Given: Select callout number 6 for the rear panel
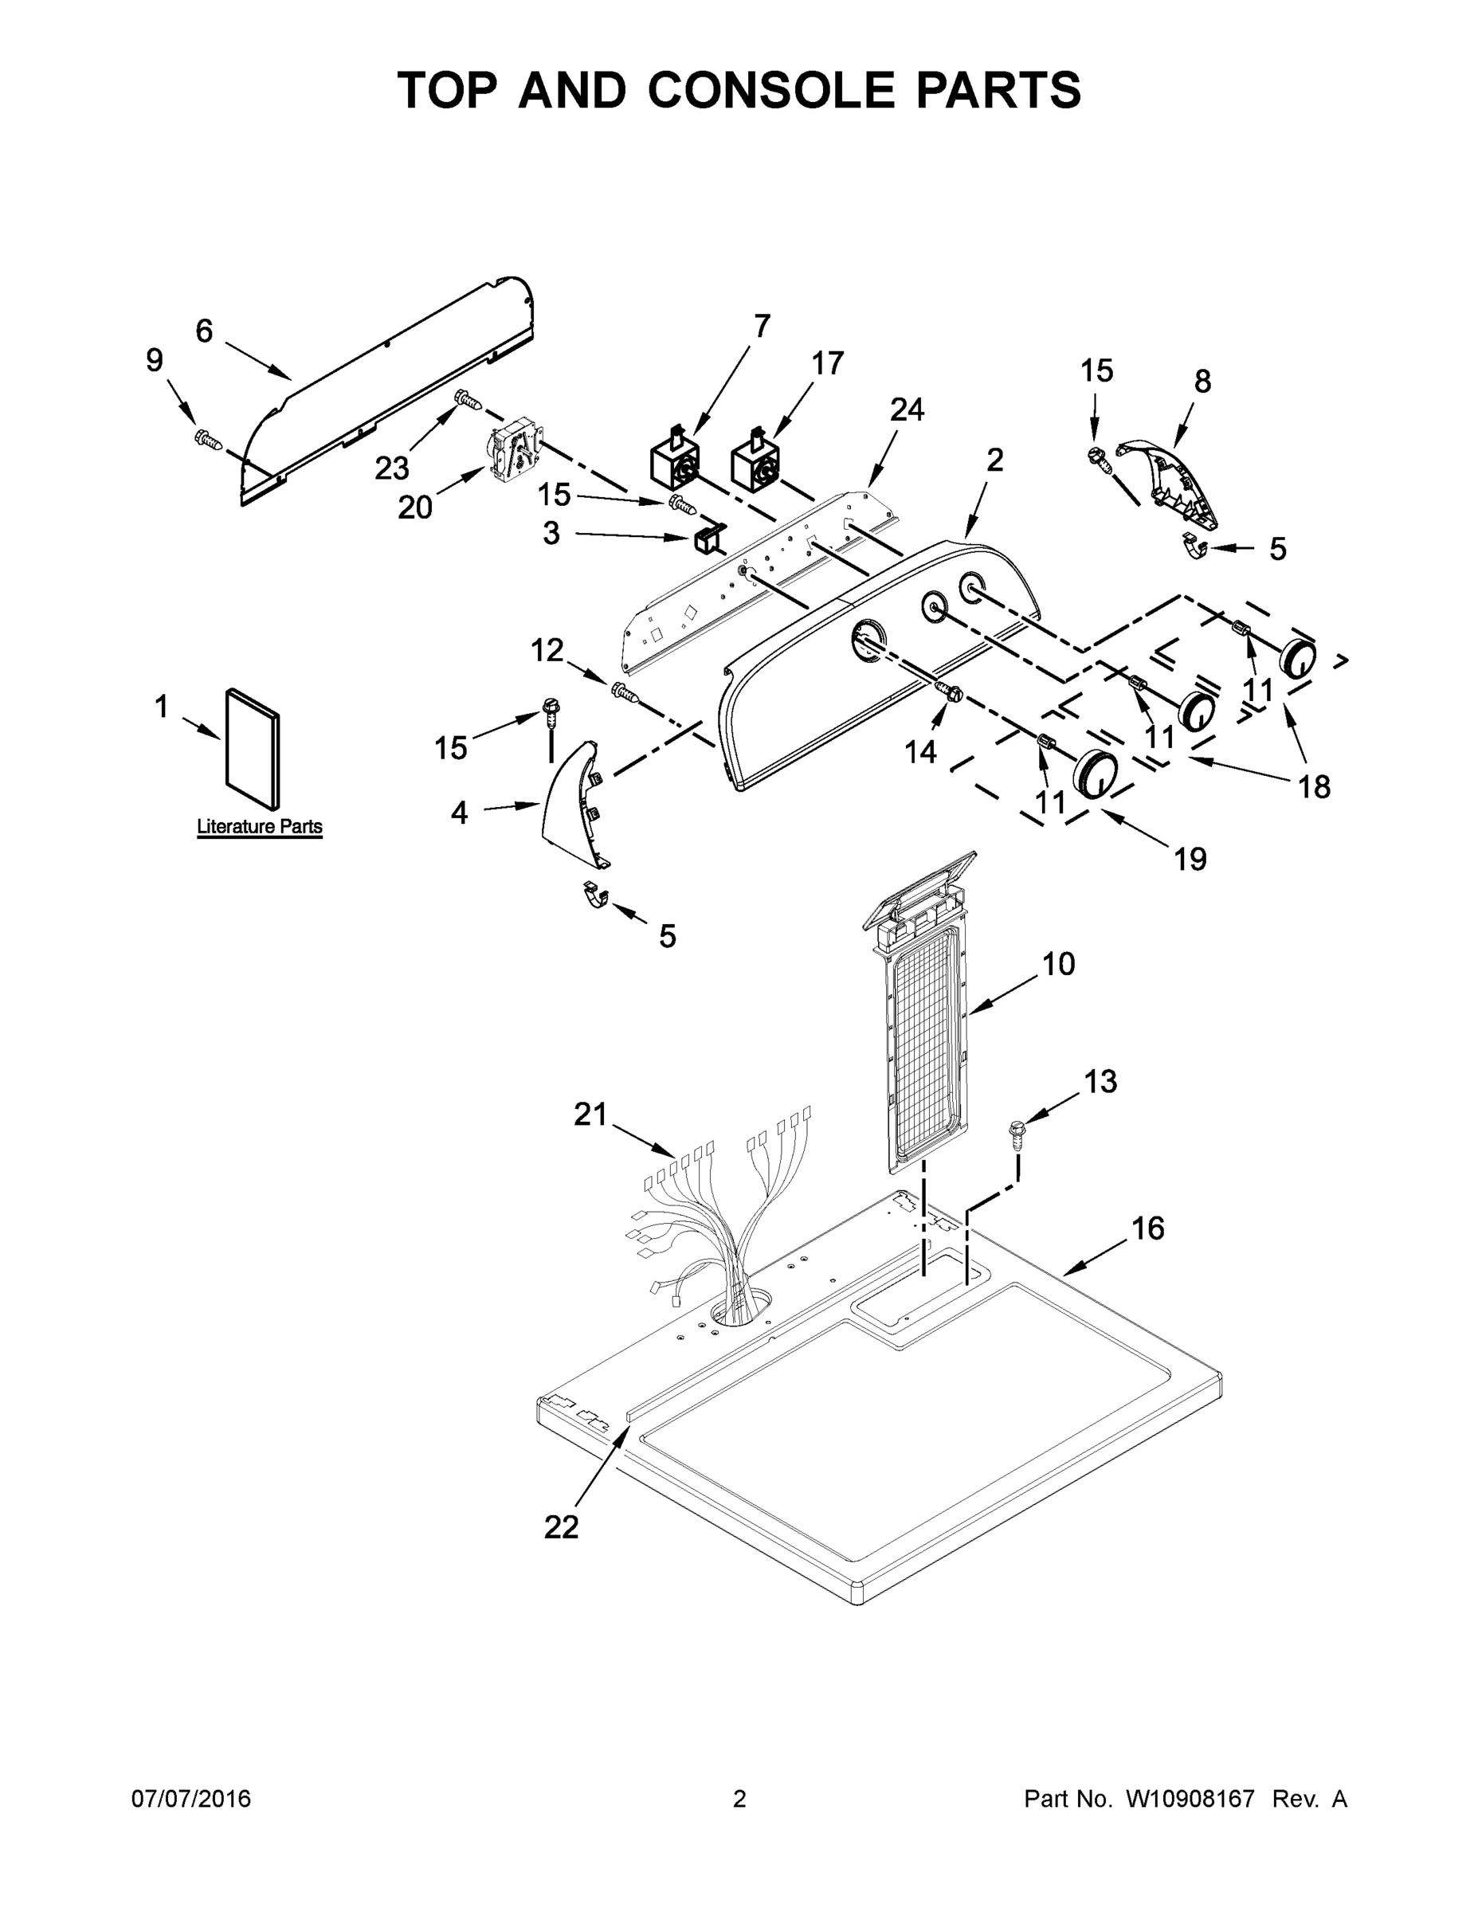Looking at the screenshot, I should point(204,331).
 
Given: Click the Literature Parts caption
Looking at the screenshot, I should point(259,826).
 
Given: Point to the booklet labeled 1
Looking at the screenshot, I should point(254,746).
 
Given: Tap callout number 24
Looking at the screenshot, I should point(907,409).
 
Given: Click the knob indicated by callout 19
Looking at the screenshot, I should point(1096,774).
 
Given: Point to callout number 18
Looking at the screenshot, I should point(1314,787).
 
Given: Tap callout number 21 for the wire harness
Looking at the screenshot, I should point(590,1115).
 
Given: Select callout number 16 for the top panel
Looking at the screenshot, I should point(1148,1229).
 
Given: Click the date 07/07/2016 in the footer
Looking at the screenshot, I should point(191,1799).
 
